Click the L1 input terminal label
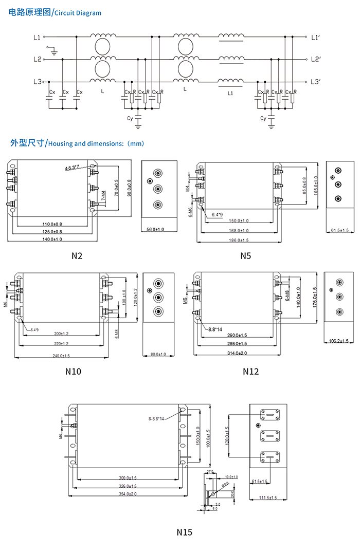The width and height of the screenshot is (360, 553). pyautogui.click(x=36, y=37)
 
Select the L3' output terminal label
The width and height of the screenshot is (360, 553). pyautogui.click(x=316, y=82)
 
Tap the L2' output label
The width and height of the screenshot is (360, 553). pyautogui.click(x=316, y=59)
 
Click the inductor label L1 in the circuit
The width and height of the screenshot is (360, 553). pyautogui.click(x=230, y=94)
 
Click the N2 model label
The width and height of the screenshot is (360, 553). pyautogui.click(x=77, y=255)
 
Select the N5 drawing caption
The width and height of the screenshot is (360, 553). pyautogui.click(x=245, y=255)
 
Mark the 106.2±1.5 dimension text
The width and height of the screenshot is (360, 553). pyautogui.click(x=338, y=341)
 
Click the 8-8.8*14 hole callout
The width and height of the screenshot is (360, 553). pyautogui.click(x=155, y=419)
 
